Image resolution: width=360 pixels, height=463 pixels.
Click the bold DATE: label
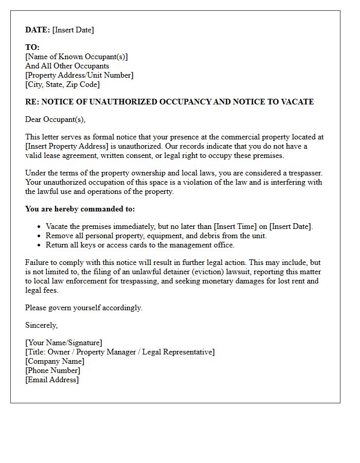click(38, 30)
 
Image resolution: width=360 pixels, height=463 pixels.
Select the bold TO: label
click(32, 47)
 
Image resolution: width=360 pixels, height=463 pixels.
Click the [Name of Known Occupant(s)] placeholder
click(77, 57)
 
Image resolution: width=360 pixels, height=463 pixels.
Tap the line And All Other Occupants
click(67, 66)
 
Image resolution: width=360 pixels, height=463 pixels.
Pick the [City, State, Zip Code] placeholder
click(62, 84)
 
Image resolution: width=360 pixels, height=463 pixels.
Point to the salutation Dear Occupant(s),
click(55, 119)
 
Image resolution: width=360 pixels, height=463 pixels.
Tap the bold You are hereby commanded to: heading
click(80, 209)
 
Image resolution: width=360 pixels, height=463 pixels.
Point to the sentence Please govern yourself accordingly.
click(84, 308)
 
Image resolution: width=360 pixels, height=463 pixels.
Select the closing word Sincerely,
click(42, 325)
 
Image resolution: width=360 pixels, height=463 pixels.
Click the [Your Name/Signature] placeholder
click(64, 343)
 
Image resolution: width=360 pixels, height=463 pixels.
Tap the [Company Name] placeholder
click(55, 361)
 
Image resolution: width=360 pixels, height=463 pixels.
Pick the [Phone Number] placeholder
click(52, 370)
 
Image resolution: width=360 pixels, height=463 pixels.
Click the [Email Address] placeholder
click(52, 380)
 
